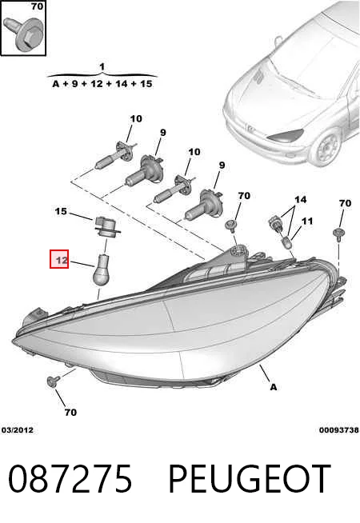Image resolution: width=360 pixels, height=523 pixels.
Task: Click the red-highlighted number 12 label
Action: (x=59, y=259)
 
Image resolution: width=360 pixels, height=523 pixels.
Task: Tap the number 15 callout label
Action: (x=61, y=211)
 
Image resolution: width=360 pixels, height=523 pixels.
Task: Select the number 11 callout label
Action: (x=307, y=221)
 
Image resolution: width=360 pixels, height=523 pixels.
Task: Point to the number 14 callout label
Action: (x=300, y=199)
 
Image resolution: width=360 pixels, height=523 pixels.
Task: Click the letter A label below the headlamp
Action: (x=274, y=387)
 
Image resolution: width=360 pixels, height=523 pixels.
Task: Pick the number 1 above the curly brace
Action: (x=102, y=66)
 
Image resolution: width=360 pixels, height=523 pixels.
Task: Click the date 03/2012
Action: (x=18, y=430)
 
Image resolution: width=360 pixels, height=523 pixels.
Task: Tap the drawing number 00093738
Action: (x=339, y=430)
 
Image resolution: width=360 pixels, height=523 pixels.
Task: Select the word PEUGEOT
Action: (x=250, y=479)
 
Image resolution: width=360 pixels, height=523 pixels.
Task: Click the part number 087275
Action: (x=70, y=479)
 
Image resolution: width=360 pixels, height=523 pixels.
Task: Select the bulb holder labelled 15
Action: (x=106, y=227)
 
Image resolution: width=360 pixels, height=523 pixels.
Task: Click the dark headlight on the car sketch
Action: (x=285, y=134)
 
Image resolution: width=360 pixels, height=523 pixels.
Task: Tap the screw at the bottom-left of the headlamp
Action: (x=54, y=381)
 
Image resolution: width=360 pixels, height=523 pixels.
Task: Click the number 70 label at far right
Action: (x=345, y=203)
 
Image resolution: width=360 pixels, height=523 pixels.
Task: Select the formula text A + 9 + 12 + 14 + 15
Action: (x=102, y=83)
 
